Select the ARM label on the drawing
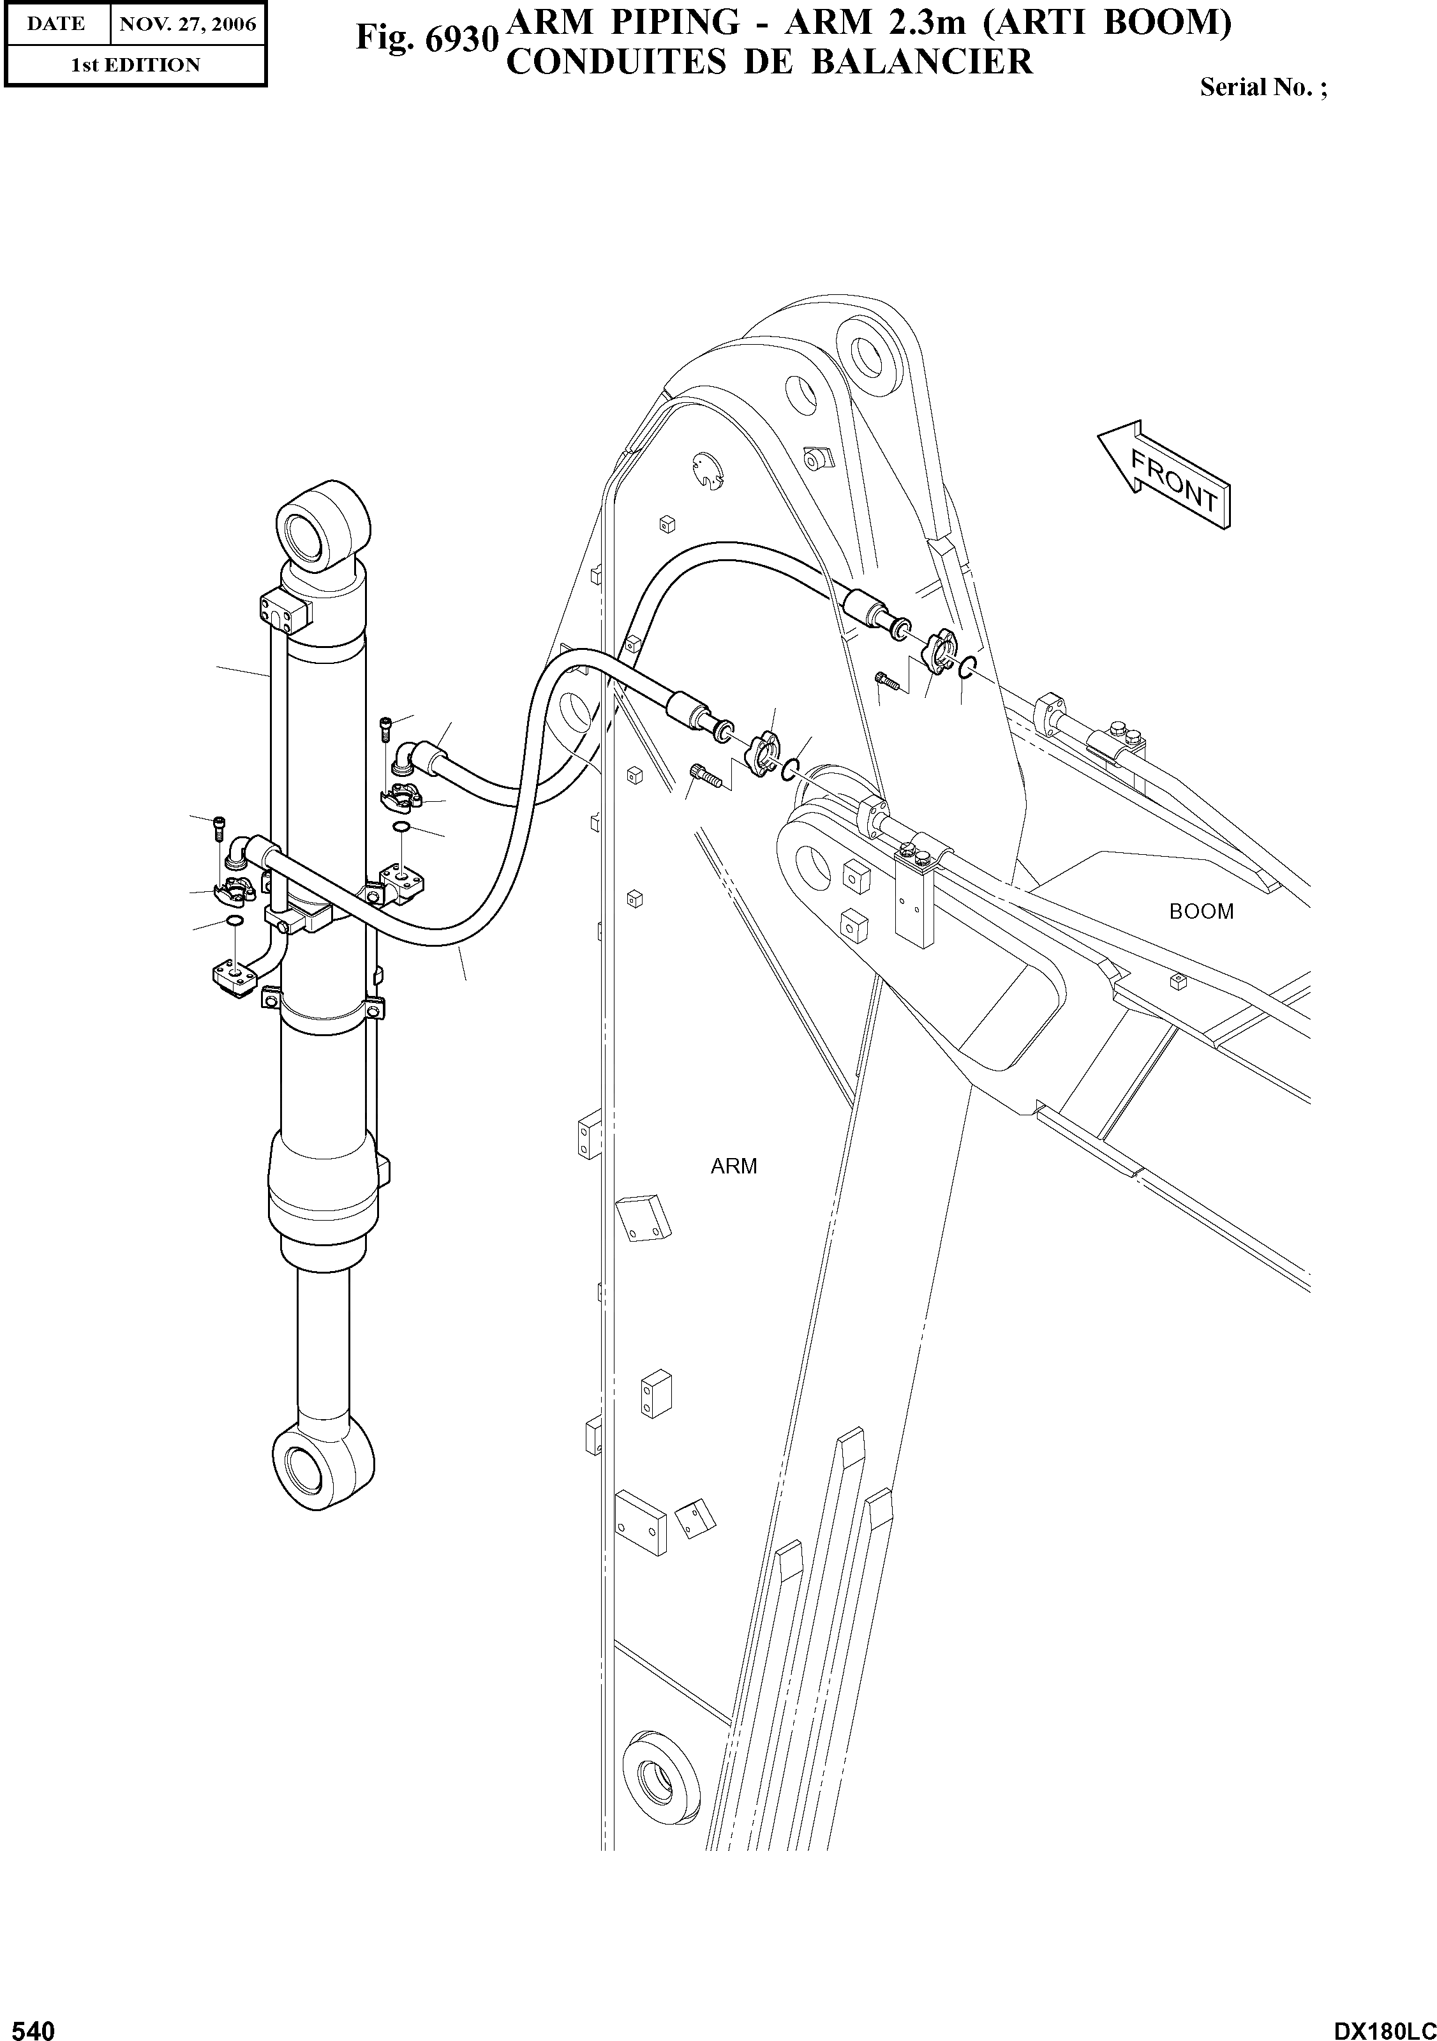point(733,1166)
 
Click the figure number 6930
point(425,39)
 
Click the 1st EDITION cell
point(135,65)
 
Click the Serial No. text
point(1263,88)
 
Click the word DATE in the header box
point(56,24)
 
